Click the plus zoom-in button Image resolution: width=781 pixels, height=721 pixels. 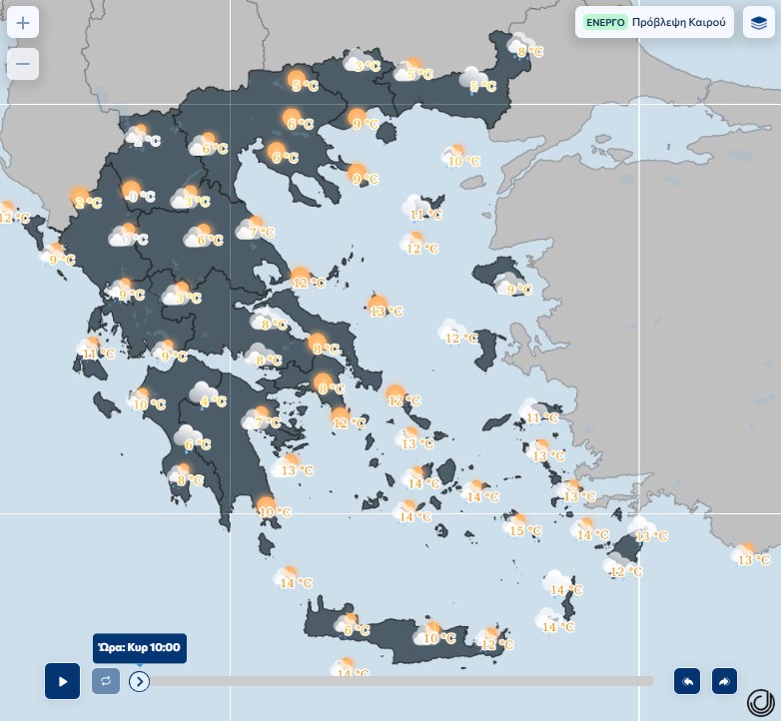[23, 22]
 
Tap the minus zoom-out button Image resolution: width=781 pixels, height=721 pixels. [23, 64]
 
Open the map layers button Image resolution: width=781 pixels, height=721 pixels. [759, 22]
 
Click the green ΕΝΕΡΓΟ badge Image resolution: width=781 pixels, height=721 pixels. [605, 22]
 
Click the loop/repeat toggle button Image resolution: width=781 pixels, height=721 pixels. [106, 681]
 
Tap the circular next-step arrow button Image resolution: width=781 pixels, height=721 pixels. [139, 681]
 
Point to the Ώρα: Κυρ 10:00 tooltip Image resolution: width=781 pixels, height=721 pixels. [140, 648]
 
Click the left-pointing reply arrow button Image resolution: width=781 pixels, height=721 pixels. [687, 681]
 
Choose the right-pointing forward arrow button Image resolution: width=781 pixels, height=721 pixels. [724, 681]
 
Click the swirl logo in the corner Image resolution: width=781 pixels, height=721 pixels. [761, 702]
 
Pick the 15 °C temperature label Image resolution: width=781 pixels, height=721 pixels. [526, 530]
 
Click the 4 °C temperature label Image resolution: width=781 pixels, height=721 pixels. [214, 401]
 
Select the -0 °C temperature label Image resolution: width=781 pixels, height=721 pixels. [142, 197]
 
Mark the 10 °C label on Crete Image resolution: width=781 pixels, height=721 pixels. [440, 638]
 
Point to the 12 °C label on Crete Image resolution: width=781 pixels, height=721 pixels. [497, 644]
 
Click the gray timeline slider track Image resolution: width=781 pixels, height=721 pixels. [399, 681]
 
